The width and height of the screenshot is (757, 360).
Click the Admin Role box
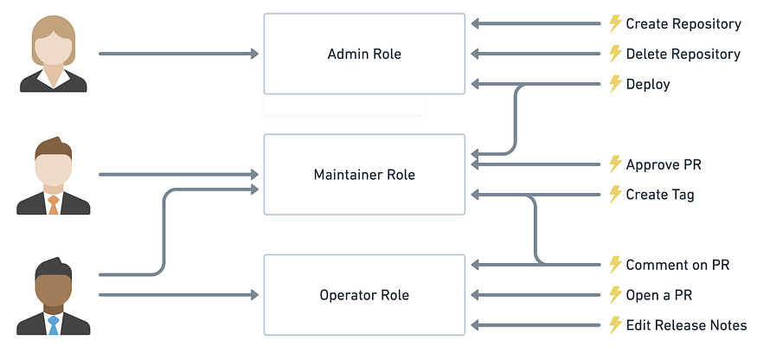pos(364,54)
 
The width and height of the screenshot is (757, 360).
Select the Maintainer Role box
pos(364,175)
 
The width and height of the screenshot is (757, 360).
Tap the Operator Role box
pos(364,295)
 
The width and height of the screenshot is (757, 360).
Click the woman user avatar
pos(54,54)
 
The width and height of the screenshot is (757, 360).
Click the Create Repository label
pos(683,24)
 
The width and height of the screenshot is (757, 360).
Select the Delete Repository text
pos(683,54)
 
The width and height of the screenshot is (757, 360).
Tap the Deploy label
pos(648,84)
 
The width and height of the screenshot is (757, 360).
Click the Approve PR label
pos(664,164)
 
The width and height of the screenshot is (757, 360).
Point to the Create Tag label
pos(659,195)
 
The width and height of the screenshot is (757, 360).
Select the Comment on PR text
pos(677,265)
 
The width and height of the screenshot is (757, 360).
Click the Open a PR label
pos(658,295)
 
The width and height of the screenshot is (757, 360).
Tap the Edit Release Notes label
pos(686,325)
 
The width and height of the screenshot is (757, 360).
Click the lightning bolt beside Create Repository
pos(615,23)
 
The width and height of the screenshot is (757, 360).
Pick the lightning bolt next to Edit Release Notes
pos(615,325)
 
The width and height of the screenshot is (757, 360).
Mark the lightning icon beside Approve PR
pos(615,164)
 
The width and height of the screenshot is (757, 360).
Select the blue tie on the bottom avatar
pos(54,325)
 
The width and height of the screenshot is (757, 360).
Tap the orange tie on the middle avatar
pos(54,205)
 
